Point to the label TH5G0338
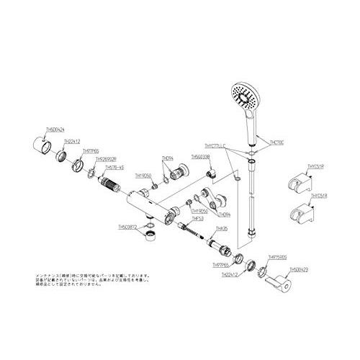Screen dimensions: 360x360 point(201,156)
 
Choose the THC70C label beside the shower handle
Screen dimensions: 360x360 point(276,142)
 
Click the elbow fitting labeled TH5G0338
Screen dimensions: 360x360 point(211,173)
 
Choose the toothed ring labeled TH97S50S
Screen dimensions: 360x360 point(262,272)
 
